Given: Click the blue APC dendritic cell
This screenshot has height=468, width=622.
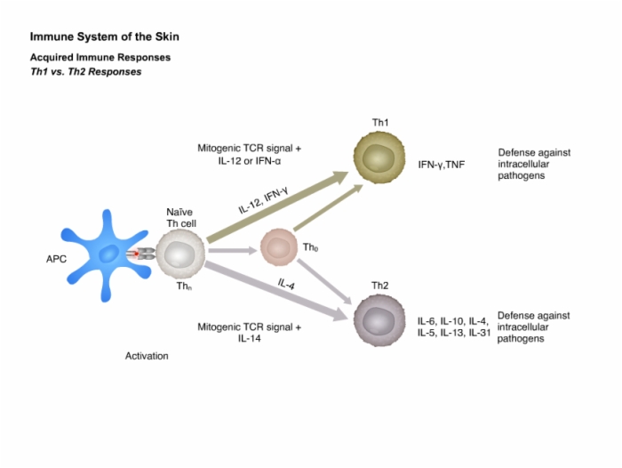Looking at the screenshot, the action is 107,255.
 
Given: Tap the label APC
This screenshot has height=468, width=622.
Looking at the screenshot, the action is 56,259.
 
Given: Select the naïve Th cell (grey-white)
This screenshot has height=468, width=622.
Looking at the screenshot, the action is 180,254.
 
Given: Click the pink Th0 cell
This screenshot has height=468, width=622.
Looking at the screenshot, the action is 279,247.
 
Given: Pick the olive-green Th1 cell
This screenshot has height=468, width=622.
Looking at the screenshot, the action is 379,157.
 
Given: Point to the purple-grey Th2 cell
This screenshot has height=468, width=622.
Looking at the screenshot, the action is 379,320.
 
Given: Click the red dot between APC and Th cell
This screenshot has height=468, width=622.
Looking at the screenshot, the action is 136,254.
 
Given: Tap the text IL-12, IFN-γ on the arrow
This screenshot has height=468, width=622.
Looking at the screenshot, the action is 263,200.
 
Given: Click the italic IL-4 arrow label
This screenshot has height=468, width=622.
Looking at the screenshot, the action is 286,284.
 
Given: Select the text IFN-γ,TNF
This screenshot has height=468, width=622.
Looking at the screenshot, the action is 441,165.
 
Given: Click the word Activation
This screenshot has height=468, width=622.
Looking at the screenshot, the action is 147,356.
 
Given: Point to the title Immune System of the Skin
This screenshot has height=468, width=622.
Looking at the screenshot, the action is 105,36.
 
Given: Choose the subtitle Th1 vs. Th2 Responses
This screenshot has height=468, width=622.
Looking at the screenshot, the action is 85,72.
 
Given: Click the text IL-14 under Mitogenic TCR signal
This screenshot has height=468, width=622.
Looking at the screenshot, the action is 249,338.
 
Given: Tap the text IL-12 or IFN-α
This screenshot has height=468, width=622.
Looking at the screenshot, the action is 250,161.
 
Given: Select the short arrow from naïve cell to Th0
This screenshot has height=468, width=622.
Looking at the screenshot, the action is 233,250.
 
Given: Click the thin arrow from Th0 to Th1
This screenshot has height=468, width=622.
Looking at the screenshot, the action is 329,207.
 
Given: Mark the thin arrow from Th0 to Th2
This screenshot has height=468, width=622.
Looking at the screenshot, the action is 324,282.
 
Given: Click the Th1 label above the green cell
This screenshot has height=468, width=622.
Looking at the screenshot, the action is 380,123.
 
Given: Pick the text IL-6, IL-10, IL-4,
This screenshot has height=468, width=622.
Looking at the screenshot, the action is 453,321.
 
